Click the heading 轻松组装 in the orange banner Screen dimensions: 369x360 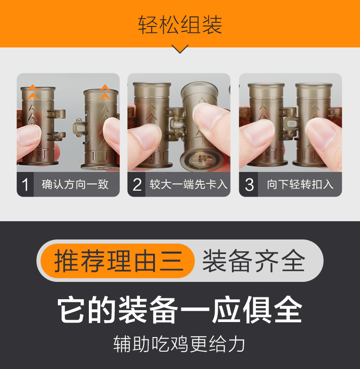(180, 25)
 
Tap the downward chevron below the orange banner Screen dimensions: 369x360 (180, 49)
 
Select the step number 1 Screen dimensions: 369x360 (26, 185)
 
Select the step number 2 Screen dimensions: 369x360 (137, 185)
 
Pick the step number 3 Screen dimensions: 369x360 (249, 185)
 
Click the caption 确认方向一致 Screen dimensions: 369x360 (75, 185)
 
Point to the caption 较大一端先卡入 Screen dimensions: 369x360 (188, 185)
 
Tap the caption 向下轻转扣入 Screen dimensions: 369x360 (300, 185)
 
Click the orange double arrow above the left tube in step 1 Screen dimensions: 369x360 (32, 92)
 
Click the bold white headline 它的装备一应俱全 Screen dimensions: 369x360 (180, 310)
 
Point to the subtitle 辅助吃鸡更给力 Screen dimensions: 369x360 (180, 344)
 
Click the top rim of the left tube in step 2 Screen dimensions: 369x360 (152, 85)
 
